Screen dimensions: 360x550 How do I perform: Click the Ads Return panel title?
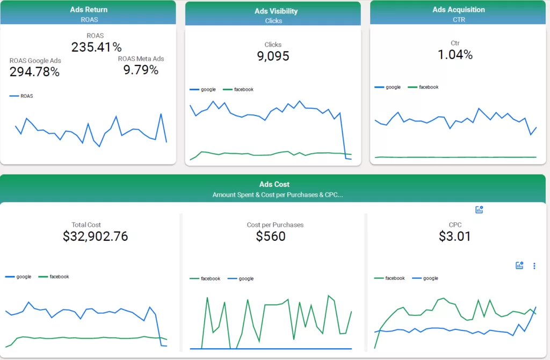click(x=89, y=10)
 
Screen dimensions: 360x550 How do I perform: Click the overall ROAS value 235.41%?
click(x=97, y=47)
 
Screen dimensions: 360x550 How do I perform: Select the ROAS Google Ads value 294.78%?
click(x=34, y=72)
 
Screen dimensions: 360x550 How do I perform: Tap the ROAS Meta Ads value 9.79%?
click(x=141, y=70)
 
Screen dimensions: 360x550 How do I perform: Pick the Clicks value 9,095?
click(x=273, y=56)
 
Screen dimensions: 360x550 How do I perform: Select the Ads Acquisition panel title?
click(x=458, y=10)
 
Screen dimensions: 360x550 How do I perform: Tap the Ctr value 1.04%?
click(x=455, y=54)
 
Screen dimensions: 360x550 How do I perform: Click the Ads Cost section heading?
click(x=274, y=184)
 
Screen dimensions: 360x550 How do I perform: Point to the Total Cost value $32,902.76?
click(x=95, y=236)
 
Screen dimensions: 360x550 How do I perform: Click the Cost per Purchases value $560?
click(x=271, y=236)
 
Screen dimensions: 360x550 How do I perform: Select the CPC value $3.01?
click(x=454, y=236)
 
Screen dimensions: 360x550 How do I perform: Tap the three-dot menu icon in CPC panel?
click(x=534, y=265)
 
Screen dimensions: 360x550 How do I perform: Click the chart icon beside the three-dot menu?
click(x=519, y=265)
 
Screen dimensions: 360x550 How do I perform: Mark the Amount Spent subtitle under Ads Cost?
click(x=277, y=195)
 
